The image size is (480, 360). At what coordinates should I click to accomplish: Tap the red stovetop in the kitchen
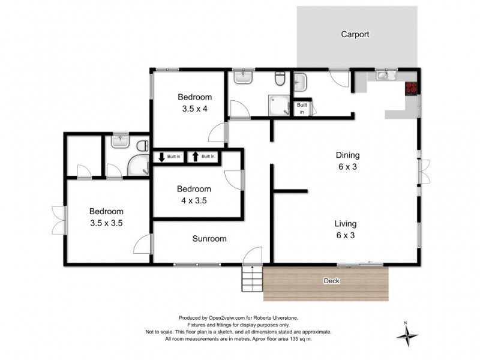[412, 88]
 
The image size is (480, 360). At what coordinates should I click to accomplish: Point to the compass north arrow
[406, 334]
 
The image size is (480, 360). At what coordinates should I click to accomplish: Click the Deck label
[331, 280]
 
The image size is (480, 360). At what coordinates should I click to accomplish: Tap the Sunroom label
[209, 239]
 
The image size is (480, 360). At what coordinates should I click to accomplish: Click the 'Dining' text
[347, 155]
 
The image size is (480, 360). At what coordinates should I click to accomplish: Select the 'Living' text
[345, 224]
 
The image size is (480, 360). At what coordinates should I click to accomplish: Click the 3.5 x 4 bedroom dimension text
[195, 109]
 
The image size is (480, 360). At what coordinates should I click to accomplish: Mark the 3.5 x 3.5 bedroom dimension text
[106, 223]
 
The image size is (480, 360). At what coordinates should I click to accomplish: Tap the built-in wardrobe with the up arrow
[202, 157]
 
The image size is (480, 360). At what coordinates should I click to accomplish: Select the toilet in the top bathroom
[280, 80]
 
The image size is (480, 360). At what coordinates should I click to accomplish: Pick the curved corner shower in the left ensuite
[139, 166]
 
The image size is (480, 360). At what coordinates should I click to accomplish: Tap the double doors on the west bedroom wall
[58, 220]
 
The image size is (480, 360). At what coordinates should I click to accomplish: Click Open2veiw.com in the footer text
[224, 318]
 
